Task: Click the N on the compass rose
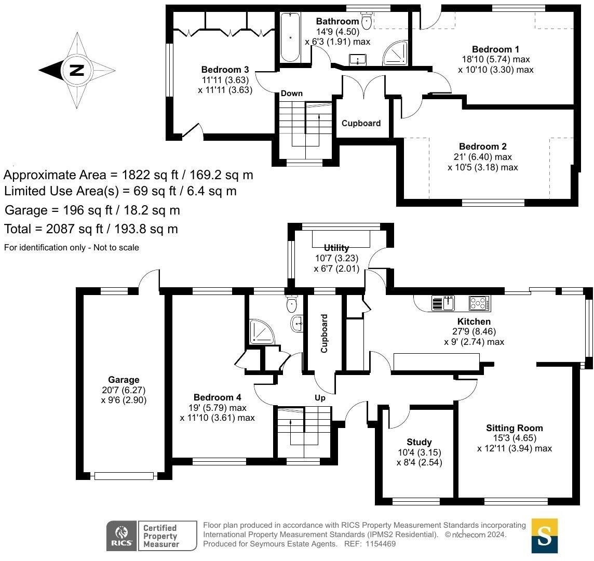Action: coord(77,70)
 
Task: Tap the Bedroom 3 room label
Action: coord(225,70)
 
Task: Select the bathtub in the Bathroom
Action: coord(290,37)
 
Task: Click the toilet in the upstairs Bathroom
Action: coord(367,21)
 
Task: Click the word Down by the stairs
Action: coord(291,94)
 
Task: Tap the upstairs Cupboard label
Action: coord(361,124)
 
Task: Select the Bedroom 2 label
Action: coord(482,147)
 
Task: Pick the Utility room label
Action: coord(336,248)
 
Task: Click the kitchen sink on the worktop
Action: coord(443,303)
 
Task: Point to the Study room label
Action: coord(419,442)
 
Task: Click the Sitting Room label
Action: coord(514,428)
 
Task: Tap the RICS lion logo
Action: coord(122,536)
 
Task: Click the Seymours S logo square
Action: coord(544,536)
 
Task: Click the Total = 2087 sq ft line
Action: coord(91,229)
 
